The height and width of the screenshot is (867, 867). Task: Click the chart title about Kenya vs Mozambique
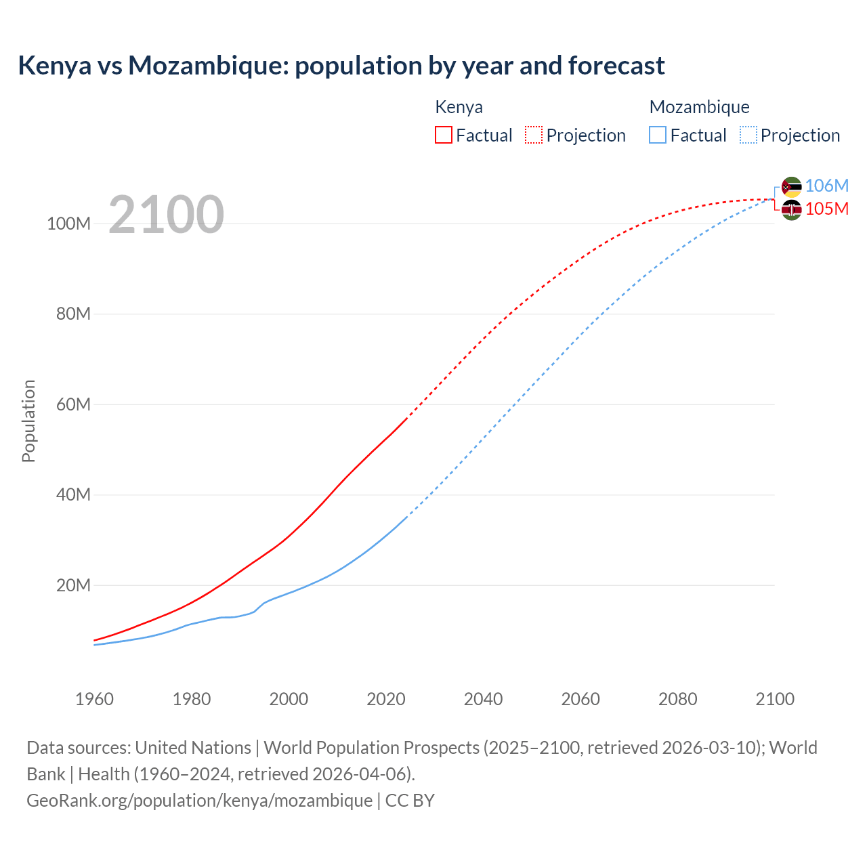pyautogui.click(x=341, y=66)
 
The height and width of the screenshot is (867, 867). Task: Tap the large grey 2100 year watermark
pyautogui.click(x=166, y=215)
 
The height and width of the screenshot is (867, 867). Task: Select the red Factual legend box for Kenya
pyautogui.click(x=444, y=135)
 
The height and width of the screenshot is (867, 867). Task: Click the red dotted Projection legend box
pyautogui.click(x=534, y=135)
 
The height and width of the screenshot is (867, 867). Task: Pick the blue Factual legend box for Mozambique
pyautogui.click(x=658, y=135)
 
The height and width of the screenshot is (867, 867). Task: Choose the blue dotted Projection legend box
pyautogui.click(x=748, y=135)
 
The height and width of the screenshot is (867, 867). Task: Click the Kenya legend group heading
pyautogui.click(x=459, y=107)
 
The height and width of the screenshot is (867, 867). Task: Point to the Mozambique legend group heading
pyautogui.click(x=699, y=107)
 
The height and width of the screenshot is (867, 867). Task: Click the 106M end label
pyautogui.click(x=826, y=186)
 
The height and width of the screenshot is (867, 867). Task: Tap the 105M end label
pyautogui.click(x=826, y=209)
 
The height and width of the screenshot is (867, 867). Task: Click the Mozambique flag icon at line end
pyautogui.click(x=791, y=187)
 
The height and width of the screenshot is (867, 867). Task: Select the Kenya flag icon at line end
pyautogui.click(x=791, y=210)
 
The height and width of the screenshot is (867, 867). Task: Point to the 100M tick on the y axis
pyautogui.click(x=68, y=224)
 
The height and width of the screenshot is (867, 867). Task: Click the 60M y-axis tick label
pyautogui.click(x=72, y=404)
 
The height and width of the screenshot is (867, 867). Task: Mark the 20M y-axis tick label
pyautogui.click(x=72, y=585)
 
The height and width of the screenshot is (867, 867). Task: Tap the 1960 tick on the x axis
pyautogui.click(x=94, y=699)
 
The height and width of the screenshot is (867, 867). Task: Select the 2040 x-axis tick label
pyautogui.click(x=483, y=699)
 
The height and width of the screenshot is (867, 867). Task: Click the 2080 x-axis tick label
pyautogui.click(x=677, y=699)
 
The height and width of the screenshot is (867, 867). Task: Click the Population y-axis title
pyautogui.click(x=28, y=421)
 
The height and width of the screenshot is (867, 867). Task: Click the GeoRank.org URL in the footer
pyautogui.click(x=199, y=801)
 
